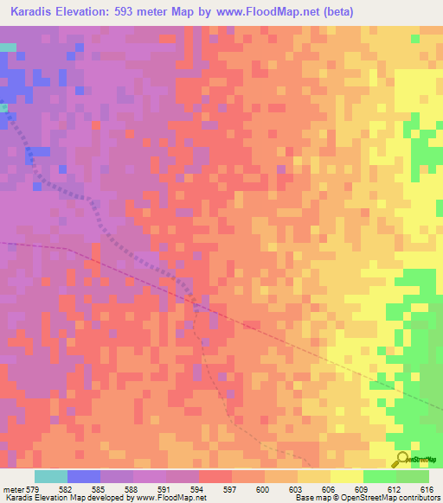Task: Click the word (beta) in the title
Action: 327,11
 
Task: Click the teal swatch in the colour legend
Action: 51,476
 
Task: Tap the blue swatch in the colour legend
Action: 84,476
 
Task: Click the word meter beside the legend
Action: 13,489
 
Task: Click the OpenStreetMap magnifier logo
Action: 401,458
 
